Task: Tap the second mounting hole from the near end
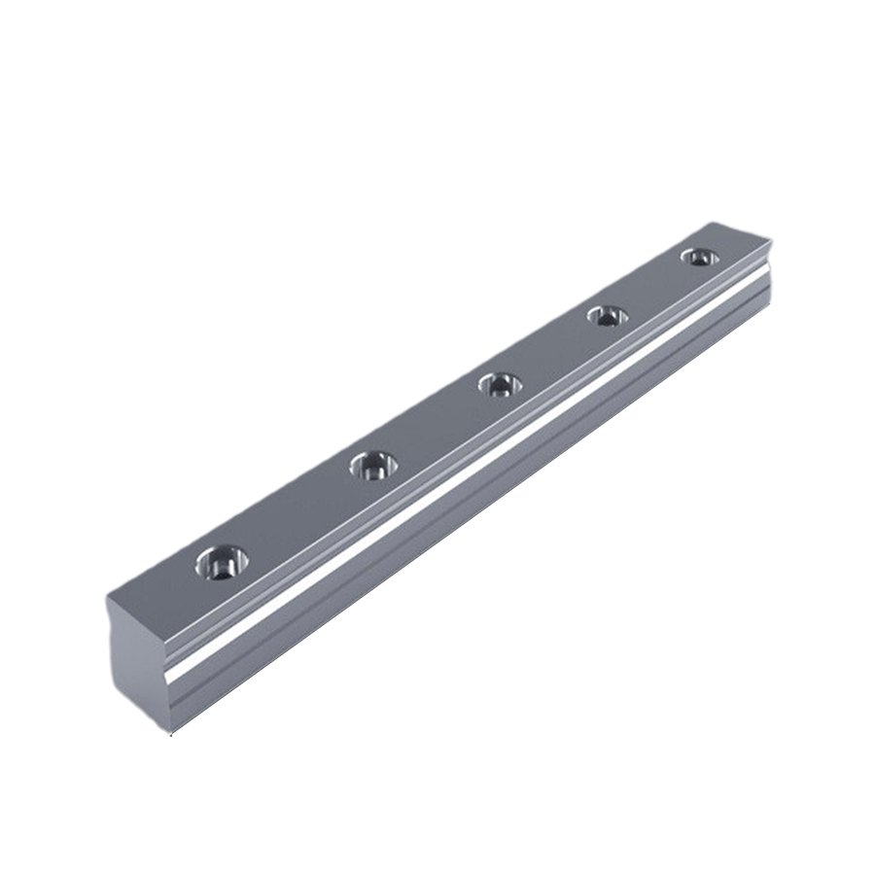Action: pyautogui.click(x=372, y=466)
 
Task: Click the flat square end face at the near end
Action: pyautogui.click(x=136, y=661)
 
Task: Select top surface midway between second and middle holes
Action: pyautogui.click(x=436, y=426)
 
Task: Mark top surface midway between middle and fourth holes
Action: pyautogui.click(x=553, y=350)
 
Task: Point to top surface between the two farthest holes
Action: pyautogui.click(x=652, y=287)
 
